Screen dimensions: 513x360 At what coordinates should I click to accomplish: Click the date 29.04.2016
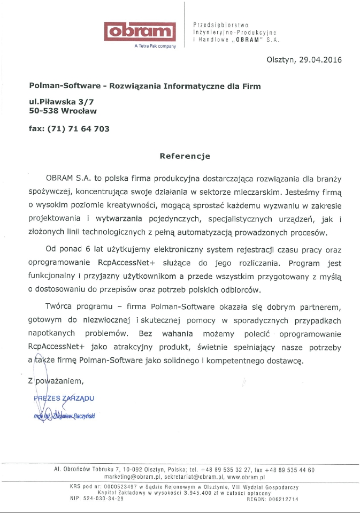(320, 60)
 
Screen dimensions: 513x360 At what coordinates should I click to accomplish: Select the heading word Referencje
(185, 156)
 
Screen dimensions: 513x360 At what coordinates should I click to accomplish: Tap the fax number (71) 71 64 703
(79, 128)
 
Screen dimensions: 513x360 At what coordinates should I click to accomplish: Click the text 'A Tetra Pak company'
(155, 47)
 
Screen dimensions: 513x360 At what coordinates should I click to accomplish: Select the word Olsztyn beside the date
(281, 60)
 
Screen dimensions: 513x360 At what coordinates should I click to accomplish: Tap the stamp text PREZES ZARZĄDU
(64, 398)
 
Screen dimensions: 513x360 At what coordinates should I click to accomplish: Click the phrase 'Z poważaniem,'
(56, 381)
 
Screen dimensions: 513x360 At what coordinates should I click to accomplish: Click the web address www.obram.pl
(247, 476)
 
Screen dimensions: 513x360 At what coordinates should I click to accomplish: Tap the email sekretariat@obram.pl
(194, 476)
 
